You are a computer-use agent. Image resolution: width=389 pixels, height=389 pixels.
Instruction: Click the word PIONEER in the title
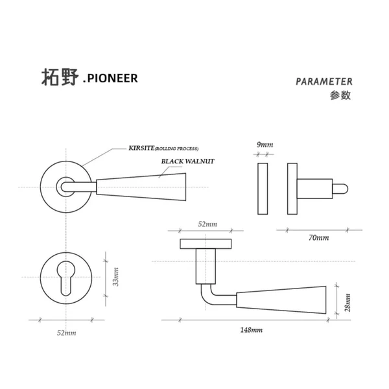[x=112, y=78]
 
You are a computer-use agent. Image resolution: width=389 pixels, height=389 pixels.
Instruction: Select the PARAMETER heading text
[x=324, y=82]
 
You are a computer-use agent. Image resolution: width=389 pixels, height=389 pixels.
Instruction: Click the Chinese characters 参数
[x=340, y=95]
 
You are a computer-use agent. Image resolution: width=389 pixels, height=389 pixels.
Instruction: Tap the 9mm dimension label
[x=264, y=144]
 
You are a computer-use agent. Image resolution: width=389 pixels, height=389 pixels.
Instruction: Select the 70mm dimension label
[x=318, y=238]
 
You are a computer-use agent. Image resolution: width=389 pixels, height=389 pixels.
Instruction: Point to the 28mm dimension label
[x=348, y=301]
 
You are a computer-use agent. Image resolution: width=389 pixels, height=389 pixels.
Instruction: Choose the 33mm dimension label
[x=116, y=277]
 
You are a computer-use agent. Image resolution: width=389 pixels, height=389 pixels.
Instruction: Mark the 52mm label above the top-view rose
[x=207, y=224]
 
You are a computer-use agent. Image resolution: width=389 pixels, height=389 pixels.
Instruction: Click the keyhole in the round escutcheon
[x=66, y=278]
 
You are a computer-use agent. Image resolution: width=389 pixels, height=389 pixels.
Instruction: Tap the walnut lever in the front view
[x=143, y=185]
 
